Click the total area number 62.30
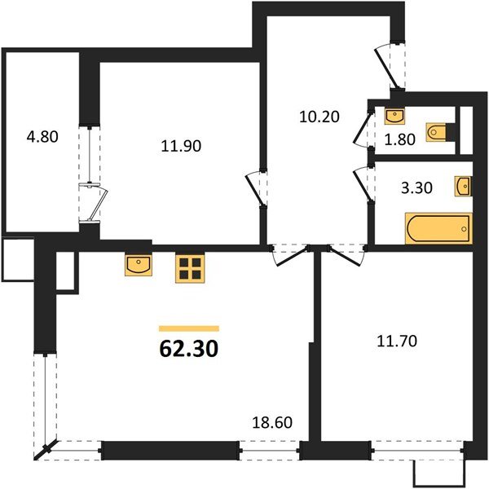[188, 350]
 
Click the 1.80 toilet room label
[399, 138]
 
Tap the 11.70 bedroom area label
[399, 341]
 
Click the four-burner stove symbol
[189, 268]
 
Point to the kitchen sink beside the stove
[137, 265]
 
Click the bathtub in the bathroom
[438, 228]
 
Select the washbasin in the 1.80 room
[394, 114]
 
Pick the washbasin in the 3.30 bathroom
[463, 186]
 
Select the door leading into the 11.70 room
[338, 256]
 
